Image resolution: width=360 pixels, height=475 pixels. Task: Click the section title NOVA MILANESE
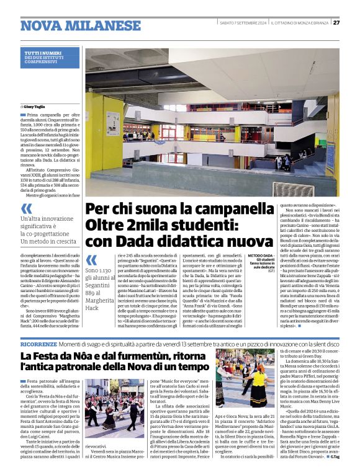[81, 25]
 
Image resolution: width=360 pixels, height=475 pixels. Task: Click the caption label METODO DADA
[261, 255]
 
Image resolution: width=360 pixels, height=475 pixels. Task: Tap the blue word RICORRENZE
[40, 343]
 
